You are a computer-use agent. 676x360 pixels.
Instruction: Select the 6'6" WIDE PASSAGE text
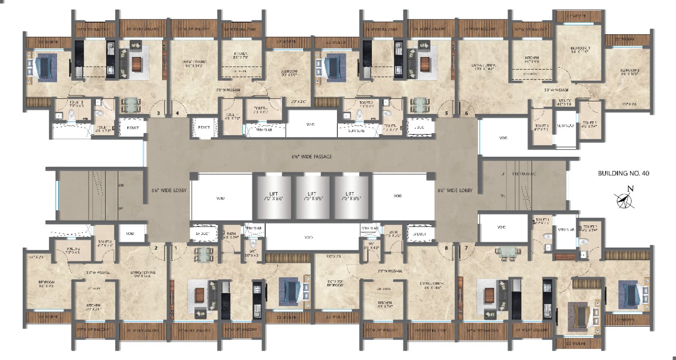311,156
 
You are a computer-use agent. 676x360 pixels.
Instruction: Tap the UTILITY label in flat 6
565,102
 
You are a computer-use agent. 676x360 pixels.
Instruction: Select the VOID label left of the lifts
220,198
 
